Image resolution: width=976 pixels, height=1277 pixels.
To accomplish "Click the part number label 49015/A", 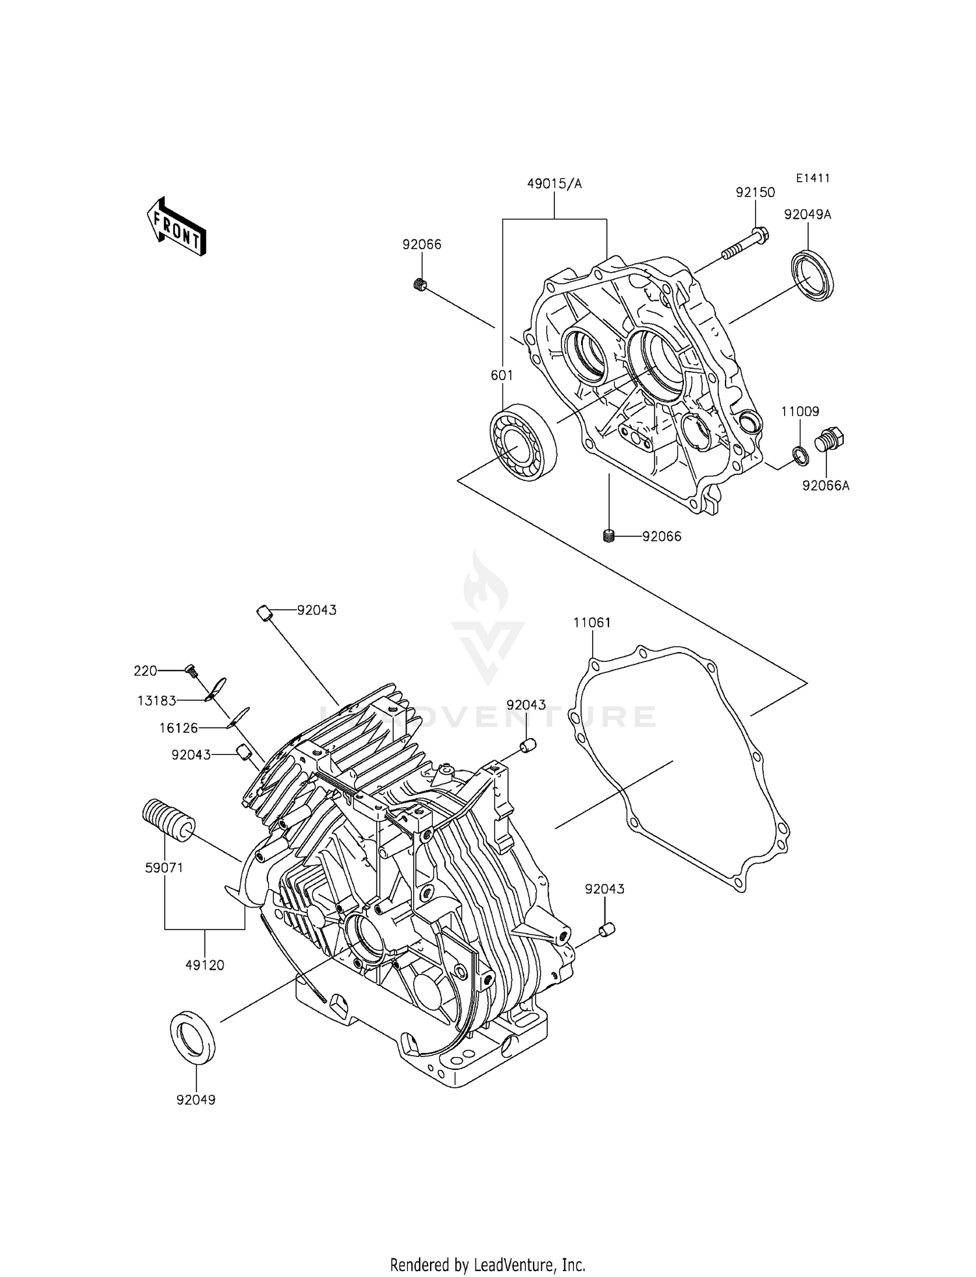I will click(x=554, y=184).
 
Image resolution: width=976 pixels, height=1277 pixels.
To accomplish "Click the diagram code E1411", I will click(x=812, y=178).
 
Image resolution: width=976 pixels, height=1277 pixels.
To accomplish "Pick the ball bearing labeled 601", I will click(x=523, y=441).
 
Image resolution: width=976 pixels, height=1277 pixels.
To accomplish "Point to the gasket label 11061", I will click(x=592, y=622).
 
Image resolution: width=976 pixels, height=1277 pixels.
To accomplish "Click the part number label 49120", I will click(x=205, y=965).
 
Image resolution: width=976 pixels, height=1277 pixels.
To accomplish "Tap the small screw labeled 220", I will click(x=191, y=669).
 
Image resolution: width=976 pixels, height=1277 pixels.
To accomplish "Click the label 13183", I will click(x=157, y=701).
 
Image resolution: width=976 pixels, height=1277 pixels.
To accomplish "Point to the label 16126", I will click(x=178, y=728).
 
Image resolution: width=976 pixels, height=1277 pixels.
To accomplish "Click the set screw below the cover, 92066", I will click(x=609, y=536).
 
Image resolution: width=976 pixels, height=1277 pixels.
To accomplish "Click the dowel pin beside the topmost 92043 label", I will click(x=262, y=613).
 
